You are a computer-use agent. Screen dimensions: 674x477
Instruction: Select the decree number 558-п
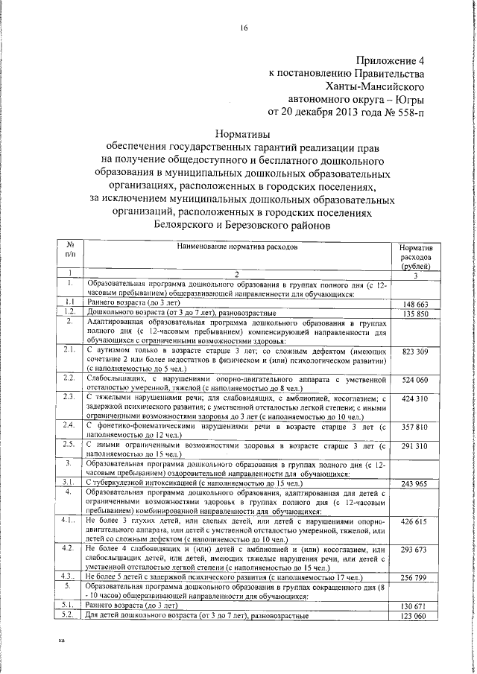point(410,113)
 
